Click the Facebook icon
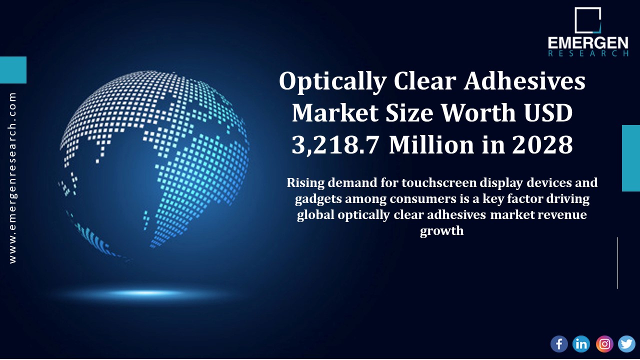559,343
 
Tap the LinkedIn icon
581,343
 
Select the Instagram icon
604,343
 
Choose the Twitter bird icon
626,343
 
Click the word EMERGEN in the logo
588,43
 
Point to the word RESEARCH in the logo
588,54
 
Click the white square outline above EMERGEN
587,20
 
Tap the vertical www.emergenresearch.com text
12,177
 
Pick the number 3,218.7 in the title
336,145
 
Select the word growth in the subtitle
442,231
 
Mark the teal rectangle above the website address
13,70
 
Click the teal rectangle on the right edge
631,158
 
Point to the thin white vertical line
617,263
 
